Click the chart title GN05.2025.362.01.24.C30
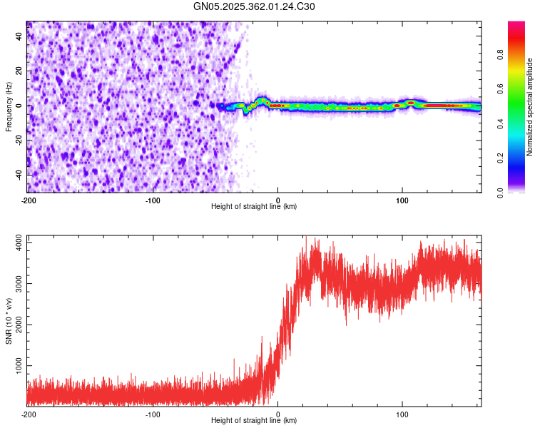[254, 6]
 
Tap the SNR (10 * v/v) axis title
[9, 322]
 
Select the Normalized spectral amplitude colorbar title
[530, 107]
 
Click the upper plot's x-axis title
[254, 207]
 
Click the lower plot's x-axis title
[254, 421]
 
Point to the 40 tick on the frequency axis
[18, 36]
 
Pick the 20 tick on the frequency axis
[18, 71]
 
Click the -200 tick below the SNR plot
[29, 414]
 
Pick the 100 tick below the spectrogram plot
[402, 200]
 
